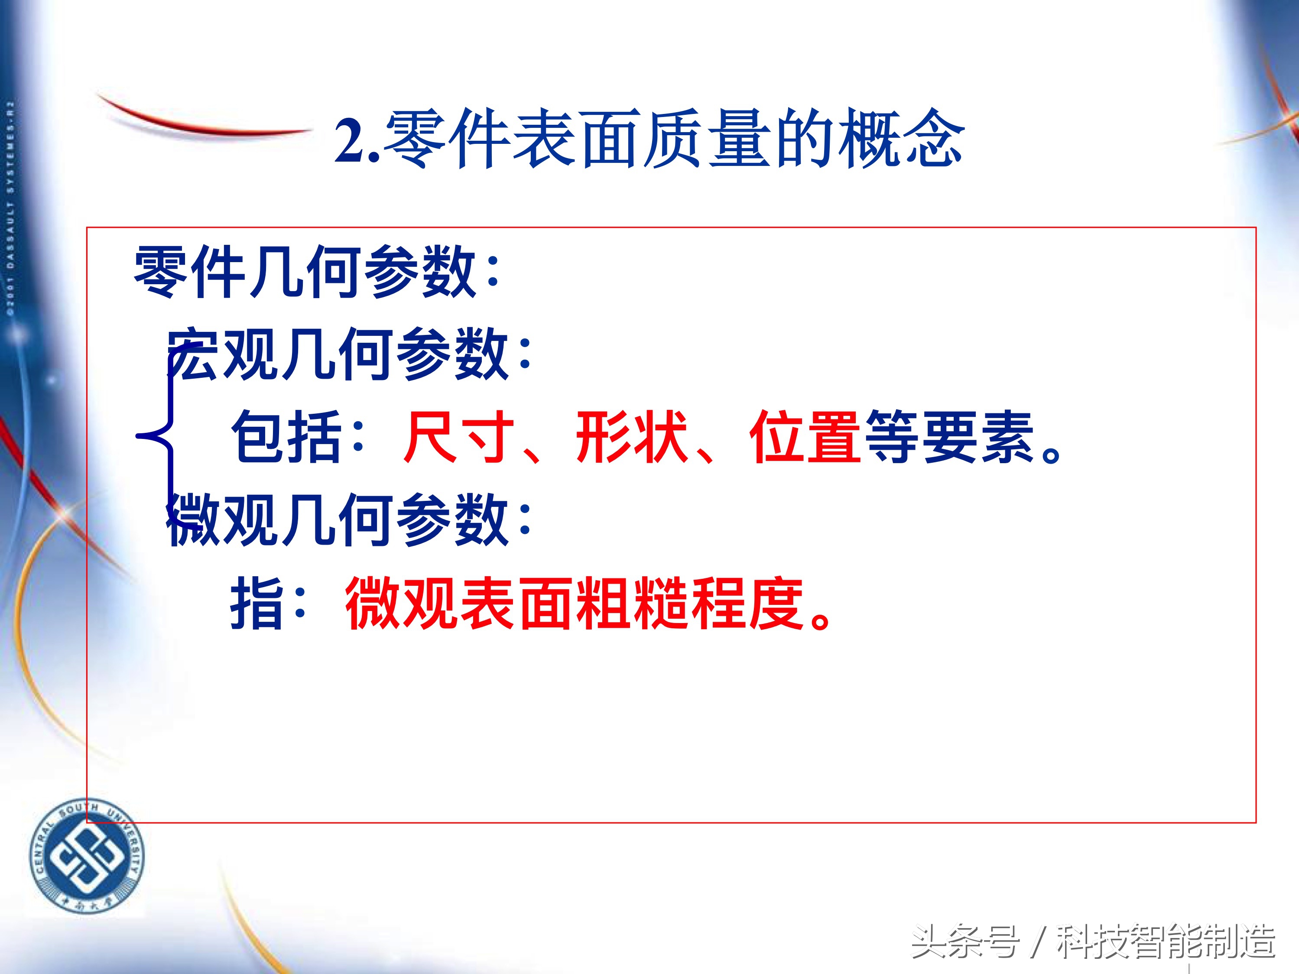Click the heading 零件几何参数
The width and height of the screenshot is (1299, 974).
click(305, 272)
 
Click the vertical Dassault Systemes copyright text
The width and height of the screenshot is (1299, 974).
click(10, 208)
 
